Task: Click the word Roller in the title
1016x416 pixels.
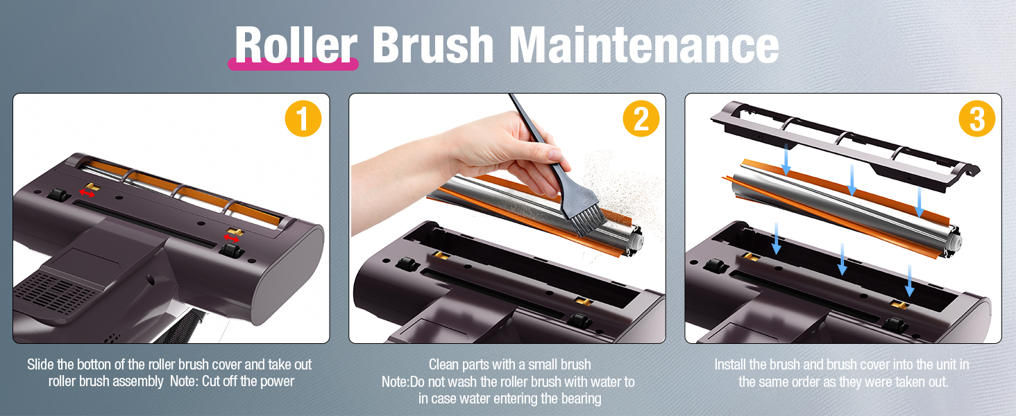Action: tap(296, 44)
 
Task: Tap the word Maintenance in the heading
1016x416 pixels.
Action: tap(644, 44)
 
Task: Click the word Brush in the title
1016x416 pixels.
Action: tap(433, 44)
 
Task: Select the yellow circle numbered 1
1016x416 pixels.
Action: tap(303, 119)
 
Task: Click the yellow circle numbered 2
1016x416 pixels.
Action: tap(641, 119)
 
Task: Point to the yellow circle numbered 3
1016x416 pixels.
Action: tap(977, 119)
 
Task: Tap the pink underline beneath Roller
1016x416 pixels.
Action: tap(293, 64)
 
